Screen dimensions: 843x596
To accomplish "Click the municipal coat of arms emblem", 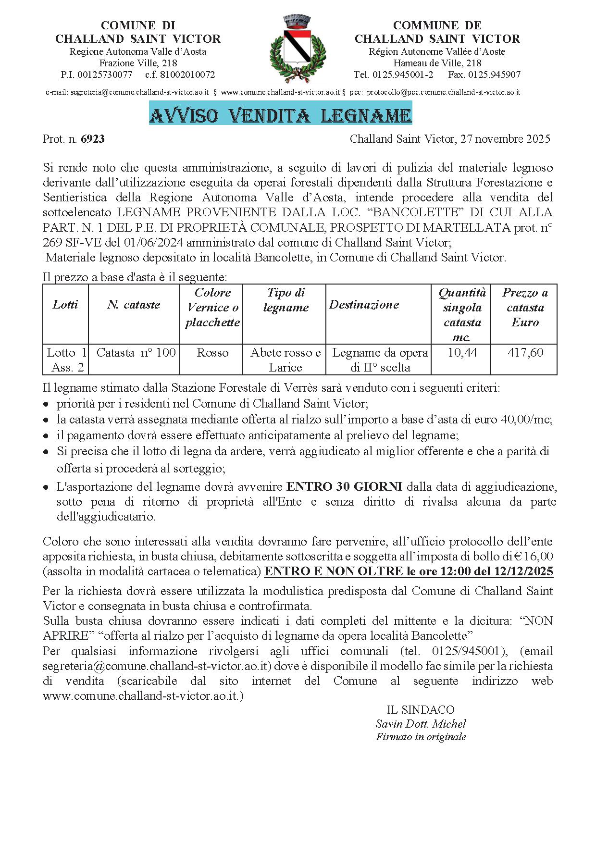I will tap(298, 50).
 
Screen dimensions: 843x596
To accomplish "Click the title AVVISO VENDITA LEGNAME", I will tap(280, 116).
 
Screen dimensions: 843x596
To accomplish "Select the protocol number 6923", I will tap(93, 139).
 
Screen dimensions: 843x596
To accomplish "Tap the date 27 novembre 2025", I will tap(505, 139).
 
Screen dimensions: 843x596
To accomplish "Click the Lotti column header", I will tap(65, 305).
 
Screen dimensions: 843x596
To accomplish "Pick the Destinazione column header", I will tap(364, 305).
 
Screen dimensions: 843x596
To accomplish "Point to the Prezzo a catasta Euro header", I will tap(525, 308).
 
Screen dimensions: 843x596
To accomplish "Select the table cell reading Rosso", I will tap(212, 353).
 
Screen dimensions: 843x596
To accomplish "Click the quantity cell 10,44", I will tap(462, 353).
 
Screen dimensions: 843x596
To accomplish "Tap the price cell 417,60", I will tap(525, 353).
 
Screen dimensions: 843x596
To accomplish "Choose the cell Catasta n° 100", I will tap(136, 353).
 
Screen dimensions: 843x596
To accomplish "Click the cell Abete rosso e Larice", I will tap(286, 360).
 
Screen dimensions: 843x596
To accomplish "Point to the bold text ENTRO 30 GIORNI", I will tap(345, 486).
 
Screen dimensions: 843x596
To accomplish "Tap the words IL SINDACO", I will tap(421, 710).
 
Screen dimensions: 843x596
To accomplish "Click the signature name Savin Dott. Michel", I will tap(421, 724).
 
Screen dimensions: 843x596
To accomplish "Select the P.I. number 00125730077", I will tap(105, 75).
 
